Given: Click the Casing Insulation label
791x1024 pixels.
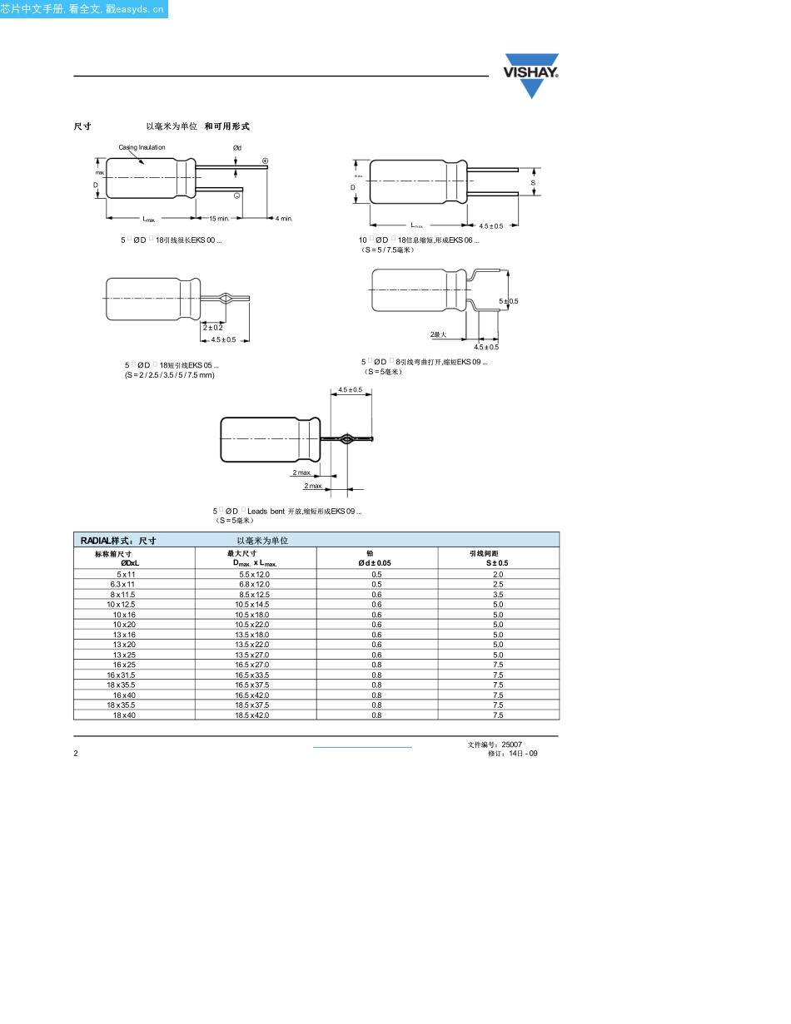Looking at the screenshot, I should (142, 147).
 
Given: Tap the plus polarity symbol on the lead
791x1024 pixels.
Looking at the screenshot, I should (265, 161).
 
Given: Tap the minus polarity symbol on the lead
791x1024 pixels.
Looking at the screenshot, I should (236, 195).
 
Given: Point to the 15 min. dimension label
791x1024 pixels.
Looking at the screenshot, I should (218, 219).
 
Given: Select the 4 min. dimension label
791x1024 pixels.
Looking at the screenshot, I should (284, 219).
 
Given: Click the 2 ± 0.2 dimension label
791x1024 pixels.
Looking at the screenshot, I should (212, 328).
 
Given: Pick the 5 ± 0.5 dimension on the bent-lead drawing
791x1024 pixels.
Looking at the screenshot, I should (508, 301).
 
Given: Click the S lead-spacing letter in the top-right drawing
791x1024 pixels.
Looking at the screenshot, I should (533, 182).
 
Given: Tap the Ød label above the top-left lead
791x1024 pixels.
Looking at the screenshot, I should (236, 148).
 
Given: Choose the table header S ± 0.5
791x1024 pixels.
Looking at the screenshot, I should (497, 563).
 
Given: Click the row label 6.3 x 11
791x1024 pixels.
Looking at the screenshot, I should (122, 584).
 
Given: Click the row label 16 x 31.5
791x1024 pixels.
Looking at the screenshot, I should (121, 675).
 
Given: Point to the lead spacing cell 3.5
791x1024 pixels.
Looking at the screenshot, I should (498, 594).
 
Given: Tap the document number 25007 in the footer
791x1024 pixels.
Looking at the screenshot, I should (512, 745).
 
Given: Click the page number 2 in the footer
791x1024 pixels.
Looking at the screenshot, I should (76, 753).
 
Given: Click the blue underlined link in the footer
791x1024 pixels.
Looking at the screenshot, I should (362, 747).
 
